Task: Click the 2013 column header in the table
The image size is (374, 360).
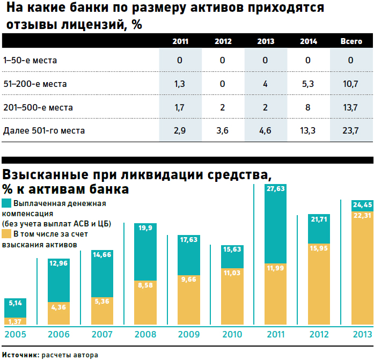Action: point(266,41)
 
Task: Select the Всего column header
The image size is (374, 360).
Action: point(351,41)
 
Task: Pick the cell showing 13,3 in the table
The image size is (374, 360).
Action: point(308,130)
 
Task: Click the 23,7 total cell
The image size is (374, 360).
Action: point(351,130)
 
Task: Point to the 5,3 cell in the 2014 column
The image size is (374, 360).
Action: point(308,84)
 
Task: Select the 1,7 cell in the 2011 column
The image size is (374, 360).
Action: point(180,107)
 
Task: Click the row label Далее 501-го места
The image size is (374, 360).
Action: point(44,130)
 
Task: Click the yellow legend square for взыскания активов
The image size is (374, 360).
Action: point(7,234)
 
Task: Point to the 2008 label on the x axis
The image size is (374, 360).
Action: point(145,335)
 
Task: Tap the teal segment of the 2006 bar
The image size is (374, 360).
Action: point(58,279)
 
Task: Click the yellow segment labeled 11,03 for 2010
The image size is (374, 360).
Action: point(232,295)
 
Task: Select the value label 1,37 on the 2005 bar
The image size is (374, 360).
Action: point(15,321)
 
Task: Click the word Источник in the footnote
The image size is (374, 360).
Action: point(20,355)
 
